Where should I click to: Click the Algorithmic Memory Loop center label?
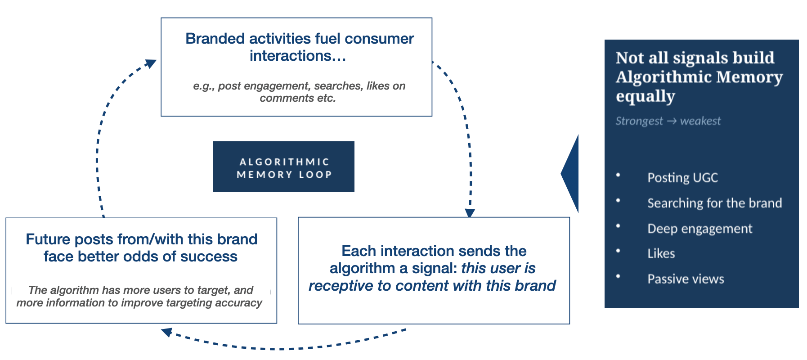[x=283, y=167]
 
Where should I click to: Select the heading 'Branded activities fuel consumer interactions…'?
[x=299, y=47]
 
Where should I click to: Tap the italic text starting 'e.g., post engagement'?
[x=299, y=92]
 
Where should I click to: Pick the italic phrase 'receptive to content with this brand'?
[x=432, y=286]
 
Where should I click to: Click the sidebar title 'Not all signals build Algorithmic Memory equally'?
[x=699, y=77]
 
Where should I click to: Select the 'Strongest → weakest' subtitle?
[x=668, y=121]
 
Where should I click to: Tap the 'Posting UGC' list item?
[x=682, y=178]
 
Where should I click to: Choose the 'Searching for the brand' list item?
[x=714, y=203]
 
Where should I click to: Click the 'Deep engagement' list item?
[x=699, y=229]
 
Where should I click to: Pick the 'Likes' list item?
[x=661, y=254]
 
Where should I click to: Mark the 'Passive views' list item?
[x=686, y=279]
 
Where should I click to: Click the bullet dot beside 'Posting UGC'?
[x=618, y=175]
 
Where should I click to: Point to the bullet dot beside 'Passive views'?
[x=618, y=276]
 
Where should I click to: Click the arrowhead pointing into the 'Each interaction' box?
[x=470, y=213]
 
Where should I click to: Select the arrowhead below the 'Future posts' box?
[x=166, y=333]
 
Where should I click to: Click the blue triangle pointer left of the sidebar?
[x=570, y=174]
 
